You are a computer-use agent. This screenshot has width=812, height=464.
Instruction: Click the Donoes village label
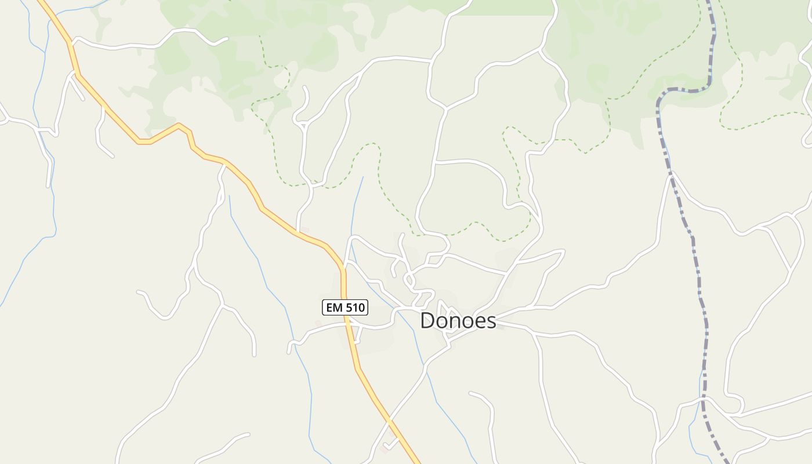(x=458, y=320)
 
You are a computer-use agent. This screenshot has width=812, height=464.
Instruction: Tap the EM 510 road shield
(x=345, y=307)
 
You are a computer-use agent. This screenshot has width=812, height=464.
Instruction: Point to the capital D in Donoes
(x=427, y=320)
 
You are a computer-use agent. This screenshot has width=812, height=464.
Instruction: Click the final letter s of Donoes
(x=491, y=321)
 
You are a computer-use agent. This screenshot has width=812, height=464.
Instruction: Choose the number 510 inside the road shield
(x=354, y=307)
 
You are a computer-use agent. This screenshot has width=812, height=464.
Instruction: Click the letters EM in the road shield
(x=334, y=307)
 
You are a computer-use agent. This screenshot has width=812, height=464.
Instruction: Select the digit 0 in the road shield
(x=361, y=307)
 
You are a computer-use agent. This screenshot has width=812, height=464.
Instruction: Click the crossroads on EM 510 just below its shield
(x=349, y=325)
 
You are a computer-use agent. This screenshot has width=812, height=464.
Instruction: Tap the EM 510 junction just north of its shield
(x=343, y=268)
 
